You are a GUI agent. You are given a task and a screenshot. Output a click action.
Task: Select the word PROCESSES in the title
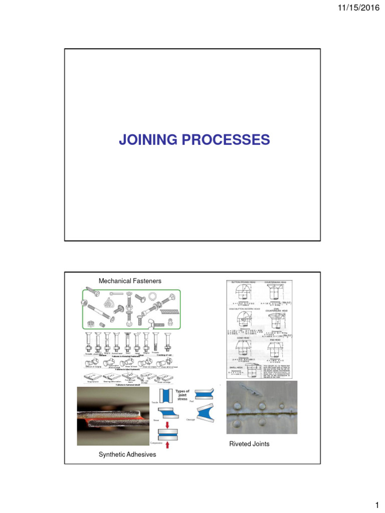pyautogui.click(x=229, y=140)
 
